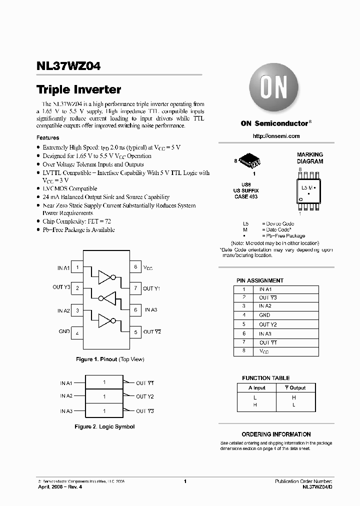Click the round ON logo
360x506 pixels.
point(273,90)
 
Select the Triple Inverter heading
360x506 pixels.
point(79,90)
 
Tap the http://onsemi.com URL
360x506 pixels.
point(276,136)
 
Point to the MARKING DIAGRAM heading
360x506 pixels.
point(310,158)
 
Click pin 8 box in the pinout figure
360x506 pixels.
point(135,267)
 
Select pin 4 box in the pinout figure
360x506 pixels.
point(77,332)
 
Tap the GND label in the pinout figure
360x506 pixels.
point(64,331)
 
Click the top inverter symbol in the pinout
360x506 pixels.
point(107,276)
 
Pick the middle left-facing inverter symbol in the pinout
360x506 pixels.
point(107,298)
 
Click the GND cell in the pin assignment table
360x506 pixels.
point(264,315)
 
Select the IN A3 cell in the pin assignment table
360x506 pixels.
point(265,333)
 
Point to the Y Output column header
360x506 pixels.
point(294,387)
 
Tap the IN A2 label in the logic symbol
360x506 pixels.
point(66,396)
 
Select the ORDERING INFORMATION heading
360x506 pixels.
point(276,434)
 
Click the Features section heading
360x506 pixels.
point(48,137)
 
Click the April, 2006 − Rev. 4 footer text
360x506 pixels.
point(57,486)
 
